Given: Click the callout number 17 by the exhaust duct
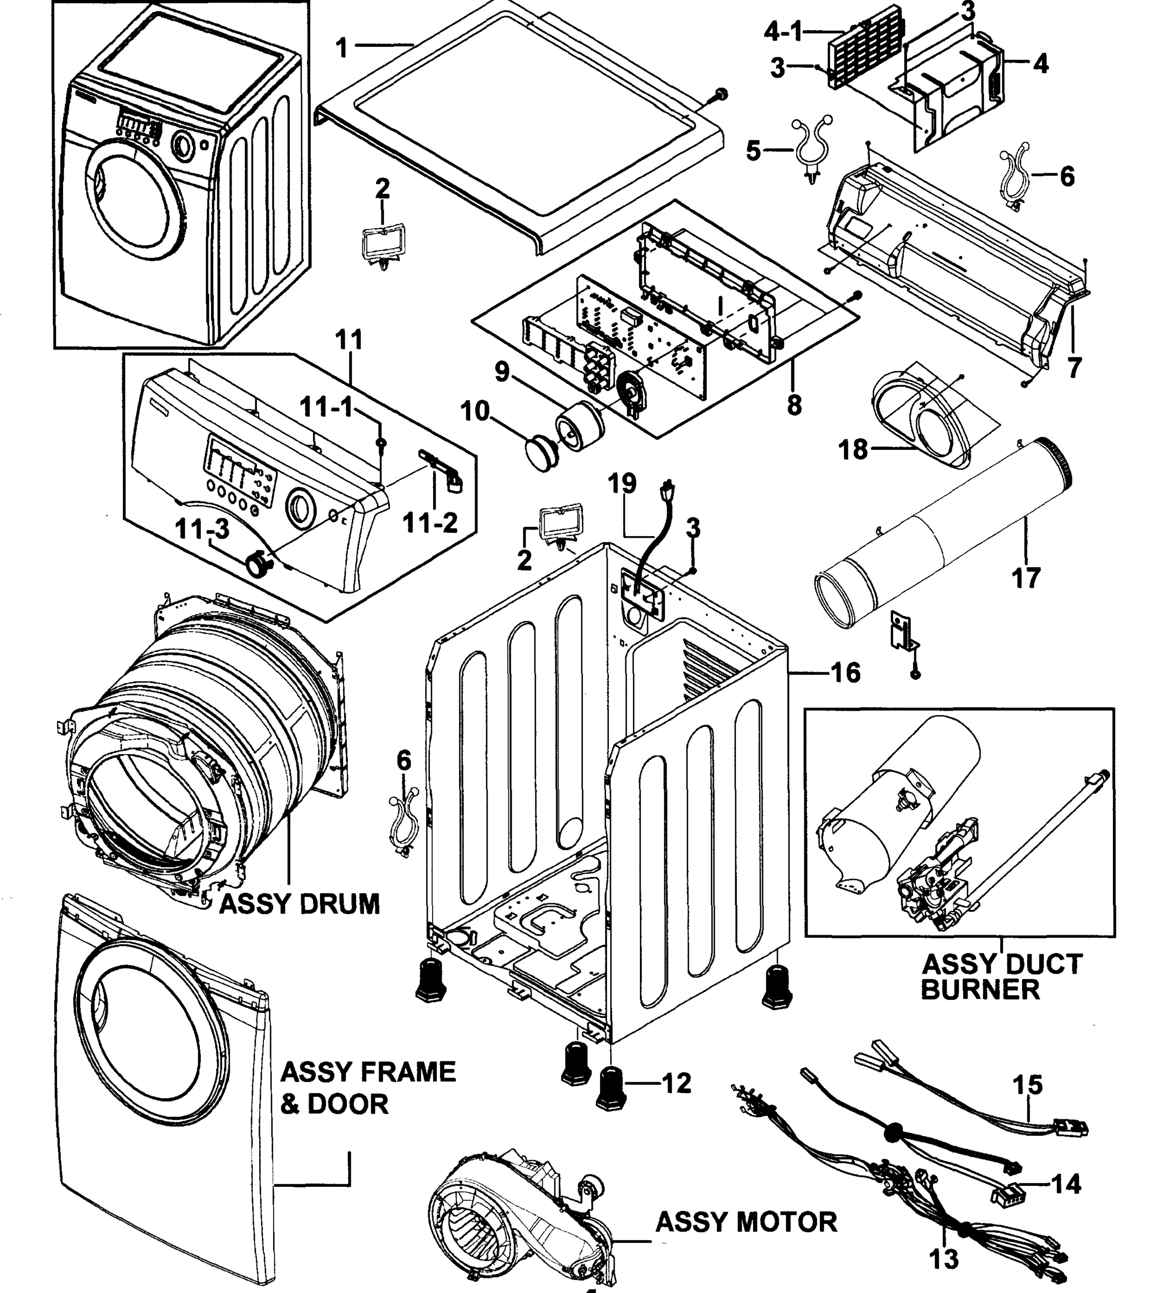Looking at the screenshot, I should pos(1026,579).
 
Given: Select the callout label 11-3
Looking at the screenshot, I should pos(202,529).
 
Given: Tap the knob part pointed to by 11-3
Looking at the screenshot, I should pos(258,565).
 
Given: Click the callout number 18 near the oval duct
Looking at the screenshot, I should pos(853,450).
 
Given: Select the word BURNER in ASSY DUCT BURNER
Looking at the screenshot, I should pos(980,990).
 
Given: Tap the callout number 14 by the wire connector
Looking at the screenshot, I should pos(1066,1184).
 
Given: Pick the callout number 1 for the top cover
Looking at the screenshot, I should pos(343,47).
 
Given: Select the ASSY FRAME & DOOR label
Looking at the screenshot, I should pos(367,1087).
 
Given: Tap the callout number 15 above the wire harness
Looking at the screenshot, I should pos(1028,1084).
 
